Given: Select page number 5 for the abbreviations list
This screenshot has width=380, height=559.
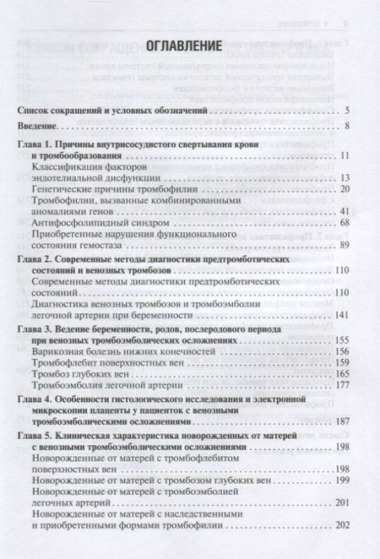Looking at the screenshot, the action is point(348,110).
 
